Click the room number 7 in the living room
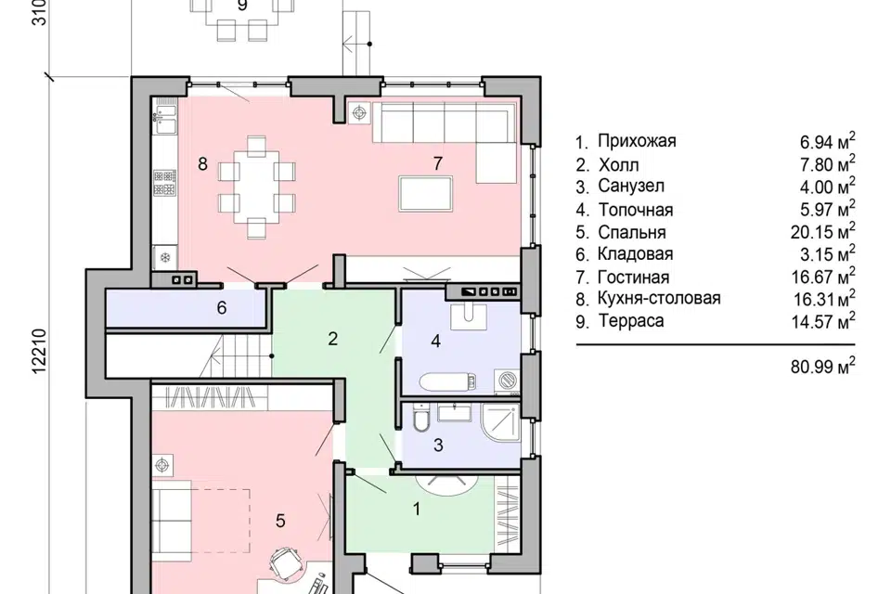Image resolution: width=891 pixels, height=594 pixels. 437,163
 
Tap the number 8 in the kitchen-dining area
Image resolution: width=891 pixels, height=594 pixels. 203,164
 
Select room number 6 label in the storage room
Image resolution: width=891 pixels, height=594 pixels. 222,308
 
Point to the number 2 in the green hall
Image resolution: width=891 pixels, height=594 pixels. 333,339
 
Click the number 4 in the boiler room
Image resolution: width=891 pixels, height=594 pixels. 436,341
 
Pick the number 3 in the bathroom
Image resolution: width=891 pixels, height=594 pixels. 438,445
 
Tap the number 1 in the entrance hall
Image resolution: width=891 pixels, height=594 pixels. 417,509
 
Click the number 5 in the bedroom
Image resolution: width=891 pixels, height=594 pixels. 280,521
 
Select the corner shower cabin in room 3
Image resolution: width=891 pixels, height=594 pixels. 500,423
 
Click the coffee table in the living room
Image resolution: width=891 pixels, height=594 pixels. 426,194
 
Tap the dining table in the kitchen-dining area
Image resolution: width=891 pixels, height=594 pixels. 257,187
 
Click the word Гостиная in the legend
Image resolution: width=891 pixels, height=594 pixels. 634,278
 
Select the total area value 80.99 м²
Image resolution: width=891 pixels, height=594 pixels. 823,366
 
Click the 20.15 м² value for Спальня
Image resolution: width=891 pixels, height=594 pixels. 823,231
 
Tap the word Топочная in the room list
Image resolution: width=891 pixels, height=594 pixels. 635,210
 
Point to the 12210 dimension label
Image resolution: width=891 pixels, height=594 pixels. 39,351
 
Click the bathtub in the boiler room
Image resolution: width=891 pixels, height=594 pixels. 447,381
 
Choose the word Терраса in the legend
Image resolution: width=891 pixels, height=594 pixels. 631,321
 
